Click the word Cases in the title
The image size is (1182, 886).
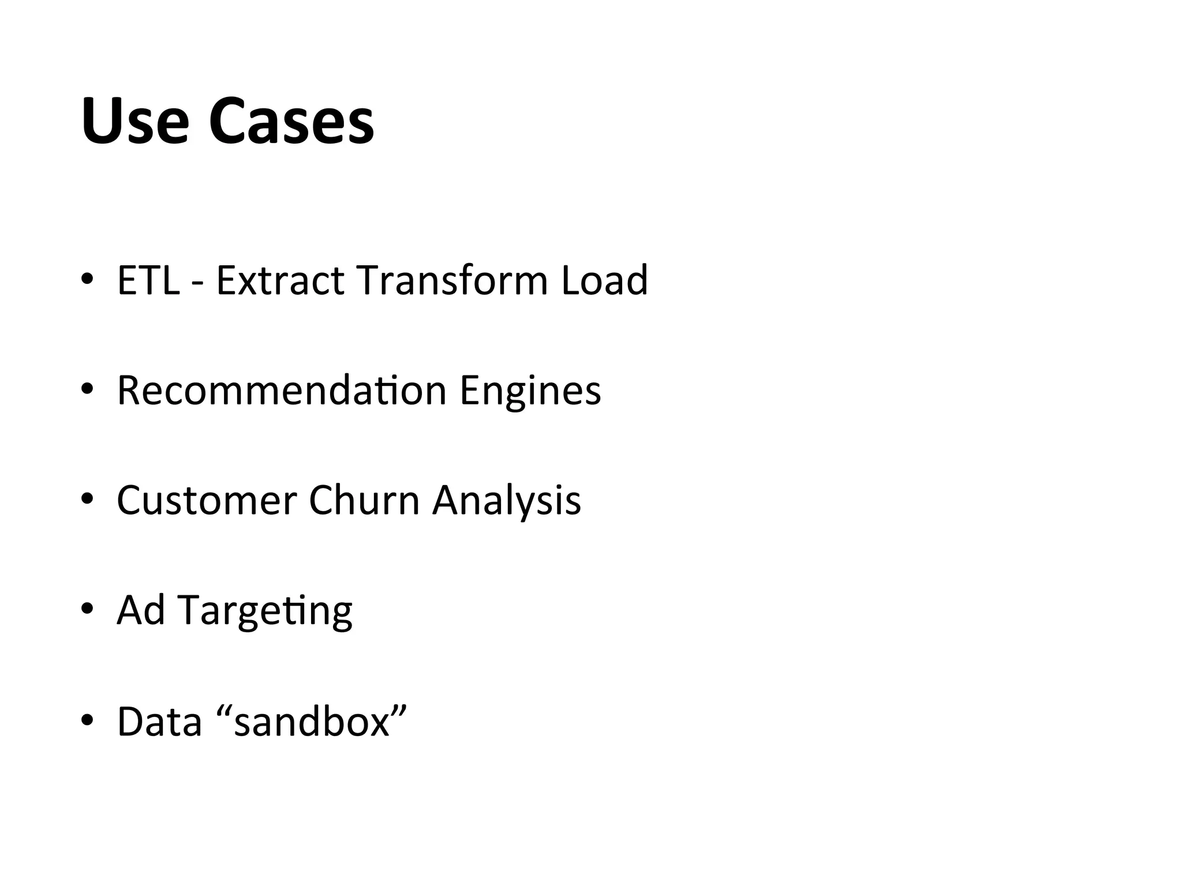tap(291, 122)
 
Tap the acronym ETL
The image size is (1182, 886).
tap(148, 280)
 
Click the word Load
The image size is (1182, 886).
tap(604, 280)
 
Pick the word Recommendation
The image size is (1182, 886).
tap(282, 391)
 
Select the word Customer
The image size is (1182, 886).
tap(207, 500)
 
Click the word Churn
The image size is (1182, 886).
tap(364, 500)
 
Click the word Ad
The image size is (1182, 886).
tap(141, 610)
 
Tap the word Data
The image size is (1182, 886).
tap(159, 722)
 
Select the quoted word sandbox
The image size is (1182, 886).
tap(312, 722)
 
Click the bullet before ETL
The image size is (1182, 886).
tap(87, 279)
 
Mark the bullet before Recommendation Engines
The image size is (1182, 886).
tap(87, 389)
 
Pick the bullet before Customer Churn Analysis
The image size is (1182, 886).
tap(87, 499)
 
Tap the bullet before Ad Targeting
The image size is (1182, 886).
tap(87, 609)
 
